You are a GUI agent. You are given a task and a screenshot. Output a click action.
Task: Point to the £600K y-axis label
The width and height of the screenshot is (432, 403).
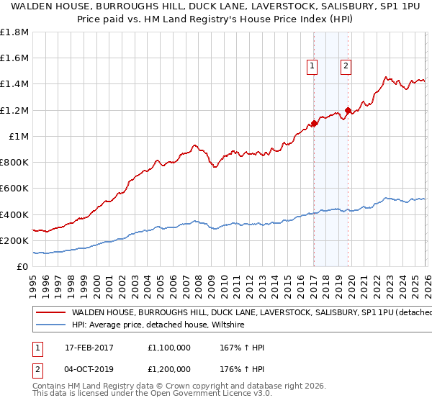click(x=14, y=189)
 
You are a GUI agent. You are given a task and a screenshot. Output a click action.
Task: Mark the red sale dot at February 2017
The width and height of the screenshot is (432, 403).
click(x=314, y=123)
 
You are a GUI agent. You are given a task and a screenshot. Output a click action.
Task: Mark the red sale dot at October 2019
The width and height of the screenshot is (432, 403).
click(x=348, y=110)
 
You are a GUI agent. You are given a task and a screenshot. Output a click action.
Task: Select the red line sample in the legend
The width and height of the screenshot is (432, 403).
click(x=50, y=313)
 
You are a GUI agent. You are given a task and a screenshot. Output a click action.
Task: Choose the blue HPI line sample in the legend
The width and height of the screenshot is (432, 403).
click(x=50, y=325)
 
